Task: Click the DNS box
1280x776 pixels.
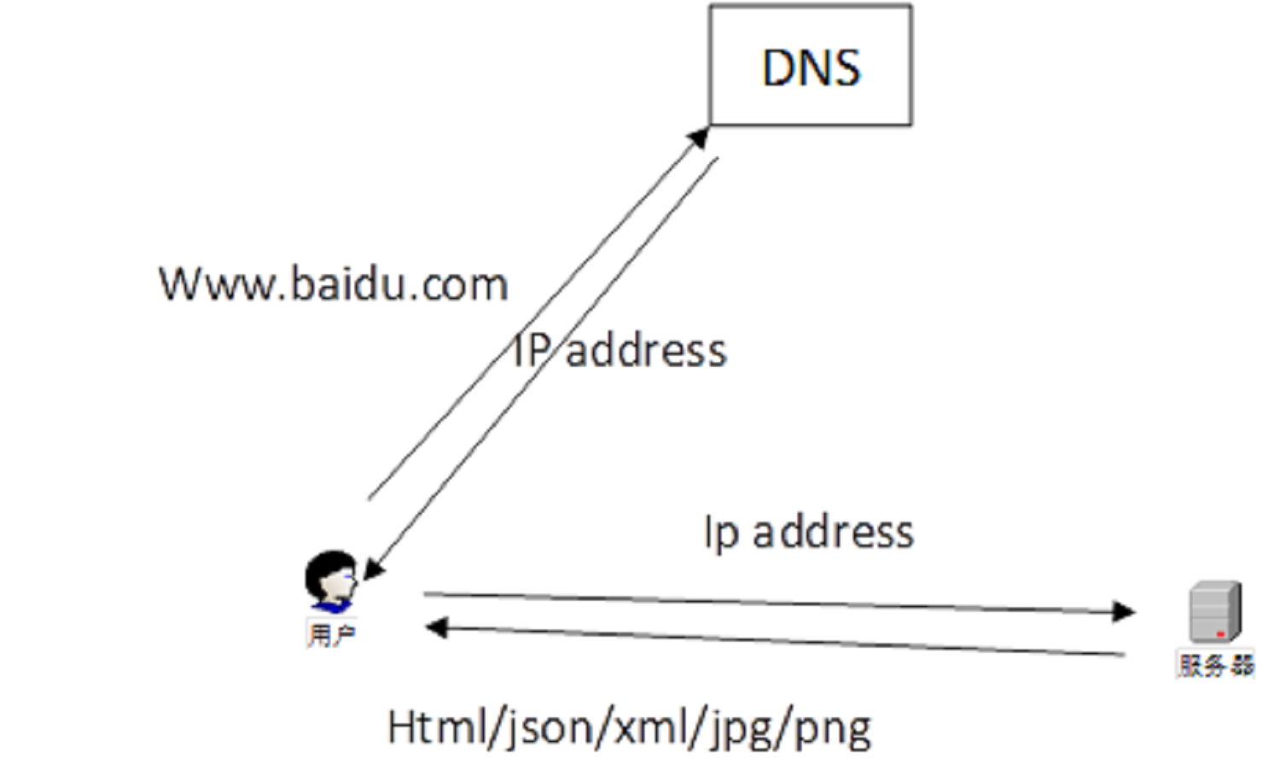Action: pos(810,66)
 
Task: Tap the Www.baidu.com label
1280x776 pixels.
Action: pos(334,284)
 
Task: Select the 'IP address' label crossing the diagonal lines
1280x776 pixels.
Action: pos(620,351)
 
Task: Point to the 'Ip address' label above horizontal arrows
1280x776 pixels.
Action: pos(808,532)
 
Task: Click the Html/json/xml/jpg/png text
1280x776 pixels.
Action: pos(629,728)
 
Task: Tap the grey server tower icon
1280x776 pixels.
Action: pos(1215,611)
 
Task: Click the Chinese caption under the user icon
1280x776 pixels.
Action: pos(331,635)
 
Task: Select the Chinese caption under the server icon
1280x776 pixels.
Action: pos(1216,665)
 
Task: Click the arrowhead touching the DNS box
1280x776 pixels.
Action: pos(700,136)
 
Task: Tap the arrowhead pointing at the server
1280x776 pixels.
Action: pos(1124,611)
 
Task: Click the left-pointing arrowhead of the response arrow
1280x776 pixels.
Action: pos(436,628)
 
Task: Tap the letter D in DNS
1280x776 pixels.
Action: pos(779,67)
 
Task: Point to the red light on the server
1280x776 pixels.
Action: pos(1221,634)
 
